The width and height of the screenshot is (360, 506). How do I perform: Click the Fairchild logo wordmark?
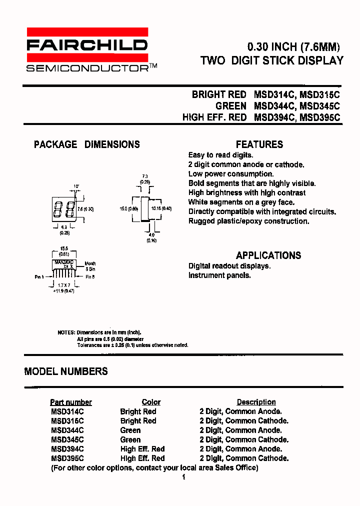click(x=87, y=45)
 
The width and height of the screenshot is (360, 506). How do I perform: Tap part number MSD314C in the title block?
click(x=275, y=94)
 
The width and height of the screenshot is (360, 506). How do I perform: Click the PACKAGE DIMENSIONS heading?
click(x=86, y=144)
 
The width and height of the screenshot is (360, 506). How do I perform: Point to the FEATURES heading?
click(x=259, y=144)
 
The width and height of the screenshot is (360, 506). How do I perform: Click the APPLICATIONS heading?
click(x=268, y=255)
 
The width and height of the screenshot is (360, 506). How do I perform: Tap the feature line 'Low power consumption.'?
click(x=231, y=174)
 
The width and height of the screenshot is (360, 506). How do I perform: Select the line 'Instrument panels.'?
click(x=219, y=275)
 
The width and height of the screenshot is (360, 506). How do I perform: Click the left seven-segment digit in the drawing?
click(x=58, y=209)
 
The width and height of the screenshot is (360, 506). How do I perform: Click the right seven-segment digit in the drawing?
click(x=69, y=209)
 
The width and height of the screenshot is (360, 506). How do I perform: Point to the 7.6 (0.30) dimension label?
click(x=85, y=209)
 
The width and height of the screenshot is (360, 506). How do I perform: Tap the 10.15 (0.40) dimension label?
click(x=162, y=208)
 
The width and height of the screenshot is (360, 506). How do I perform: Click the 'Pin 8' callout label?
click(x=90, y=276)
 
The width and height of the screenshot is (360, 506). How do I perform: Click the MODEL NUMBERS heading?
click(x=66, y=371)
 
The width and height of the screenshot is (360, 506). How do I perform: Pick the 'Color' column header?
click(x=151, y=402)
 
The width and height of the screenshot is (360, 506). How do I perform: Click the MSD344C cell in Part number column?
click(x=67, y=430)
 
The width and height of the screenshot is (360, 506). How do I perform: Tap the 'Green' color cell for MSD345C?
click(x=130, y=439)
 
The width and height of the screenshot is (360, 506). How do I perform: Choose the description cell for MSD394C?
click(x=240, y=449)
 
